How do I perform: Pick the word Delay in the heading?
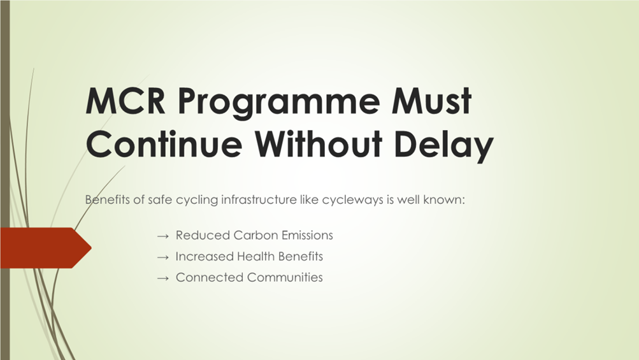click(444, 146)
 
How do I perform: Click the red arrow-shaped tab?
click(46, 248)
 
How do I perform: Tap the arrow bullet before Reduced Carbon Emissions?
click(162, 236)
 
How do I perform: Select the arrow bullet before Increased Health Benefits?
click(162, 257)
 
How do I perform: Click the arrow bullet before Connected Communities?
click(162, 278)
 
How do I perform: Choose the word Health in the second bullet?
click(255, 256)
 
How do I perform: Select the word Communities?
click(285, 277)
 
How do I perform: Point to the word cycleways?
click(352, 201)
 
